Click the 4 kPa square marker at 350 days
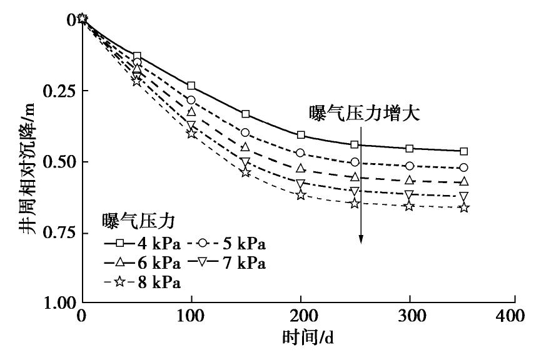[463, 151]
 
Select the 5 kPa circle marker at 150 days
[245, 132]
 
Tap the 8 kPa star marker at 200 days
[301, 196]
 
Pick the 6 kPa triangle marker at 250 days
[355, 177]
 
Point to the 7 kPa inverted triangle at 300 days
[410, 194]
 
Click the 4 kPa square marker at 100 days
[191, 86]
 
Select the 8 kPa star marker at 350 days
[463, 207]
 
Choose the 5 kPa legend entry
[229, 244]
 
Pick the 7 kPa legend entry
[229, 263]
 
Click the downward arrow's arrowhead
[361, 240]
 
